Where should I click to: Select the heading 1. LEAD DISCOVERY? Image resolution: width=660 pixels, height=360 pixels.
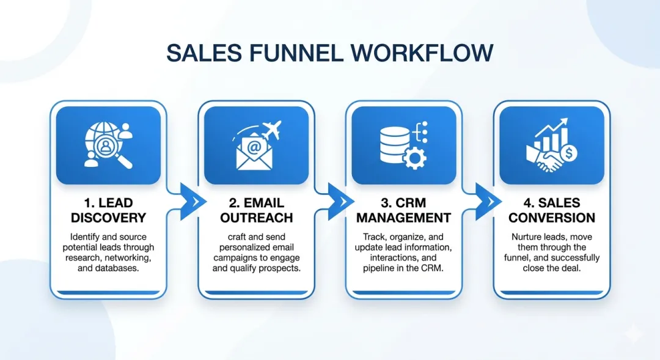[x=108, y=210]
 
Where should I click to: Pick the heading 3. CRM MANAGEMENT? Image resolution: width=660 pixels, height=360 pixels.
[x=403, y=210]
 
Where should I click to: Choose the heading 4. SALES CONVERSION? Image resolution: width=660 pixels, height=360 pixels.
[x=551, y=210]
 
